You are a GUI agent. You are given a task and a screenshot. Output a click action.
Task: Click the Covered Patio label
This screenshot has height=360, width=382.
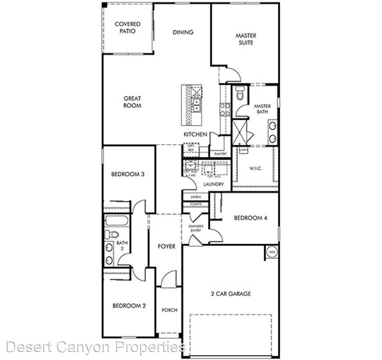click(x=127, y=28)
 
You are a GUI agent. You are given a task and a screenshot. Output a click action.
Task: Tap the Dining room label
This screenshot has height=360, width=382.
click(x=183, y=32)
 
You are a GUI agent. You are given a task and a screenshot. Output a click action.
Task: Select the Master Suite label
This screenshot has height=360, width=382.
click(x=246, y=39)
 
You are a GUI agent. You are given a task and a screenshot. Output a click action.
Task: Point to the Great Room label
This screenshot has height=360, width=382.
click(x=132, y=102)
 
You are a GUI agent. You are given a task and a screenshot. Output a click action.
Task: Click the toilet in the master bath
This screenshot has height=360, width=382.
click(x=240, y=94)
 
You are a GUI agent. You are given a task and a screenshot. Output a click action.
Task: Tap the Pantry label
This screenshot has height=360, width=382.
click(x=221, y=154)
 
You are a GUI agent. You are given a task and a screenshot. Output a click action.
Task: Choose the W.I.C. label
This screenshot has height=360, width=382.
click(x=256, y=168)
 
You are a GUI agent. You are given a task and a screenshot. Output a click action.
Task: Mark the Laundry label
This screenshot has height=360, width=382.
click(x=213, y=184)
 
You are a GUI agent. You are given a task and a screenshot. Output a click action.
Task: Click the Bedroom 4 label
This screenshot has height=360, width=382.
click(x=251, y=218)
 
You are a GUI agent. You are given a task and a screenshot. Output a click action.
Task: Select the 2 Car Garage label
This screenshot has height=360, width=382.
click(x=231, y=294)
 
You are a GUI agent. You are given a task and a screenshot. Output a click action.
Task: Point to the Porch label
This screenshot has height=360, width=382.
click(x=169, y=310)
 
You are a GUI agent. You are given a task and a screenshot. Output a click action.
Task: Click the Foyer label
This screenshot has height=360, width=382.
click(x=166, y=246)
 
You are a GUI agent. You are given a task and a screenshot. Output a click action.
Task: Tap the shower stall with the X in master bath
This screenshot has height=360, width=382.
click(x=239, y=132)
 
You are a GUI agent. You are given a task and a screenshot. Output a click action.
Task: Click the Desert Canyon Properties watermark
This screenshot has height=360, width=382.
click(x=96, y=347)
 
